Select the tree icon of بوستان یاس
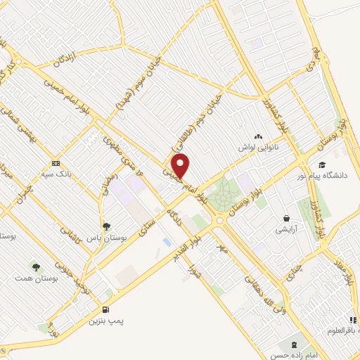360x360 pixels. [106, 226]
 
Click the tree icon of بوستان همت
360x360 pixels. [36, 266]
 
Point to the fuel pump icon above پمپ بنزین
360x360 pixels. [105, 309]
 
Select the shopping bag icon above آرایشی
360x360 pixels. [287, 218]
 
